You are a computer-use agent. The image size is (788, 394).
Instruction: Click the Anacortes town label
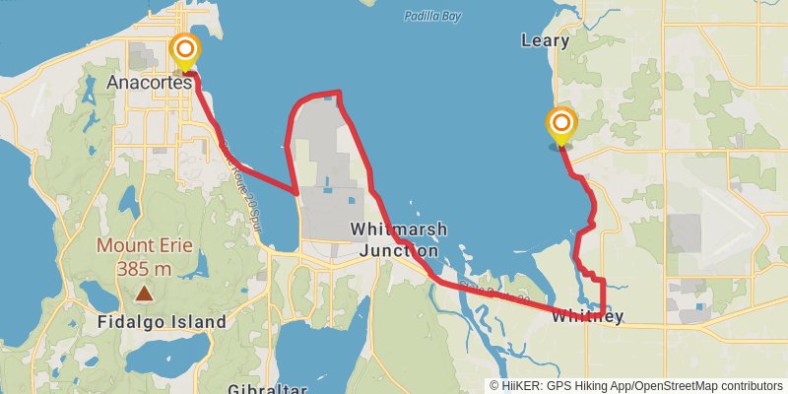click(x=149, y=83)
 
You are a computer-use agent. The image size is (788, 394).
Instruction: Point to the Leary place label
click(x=545, y=41)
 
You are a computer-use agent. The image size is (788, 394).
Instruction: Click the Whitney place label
click(x=587, y=317)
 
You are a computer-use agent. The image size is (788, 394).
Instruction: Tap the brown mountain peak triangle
click(x=144, y=293)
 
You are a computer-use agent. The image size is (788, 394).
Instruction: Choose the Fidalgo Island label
click(x=162, y=322)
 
